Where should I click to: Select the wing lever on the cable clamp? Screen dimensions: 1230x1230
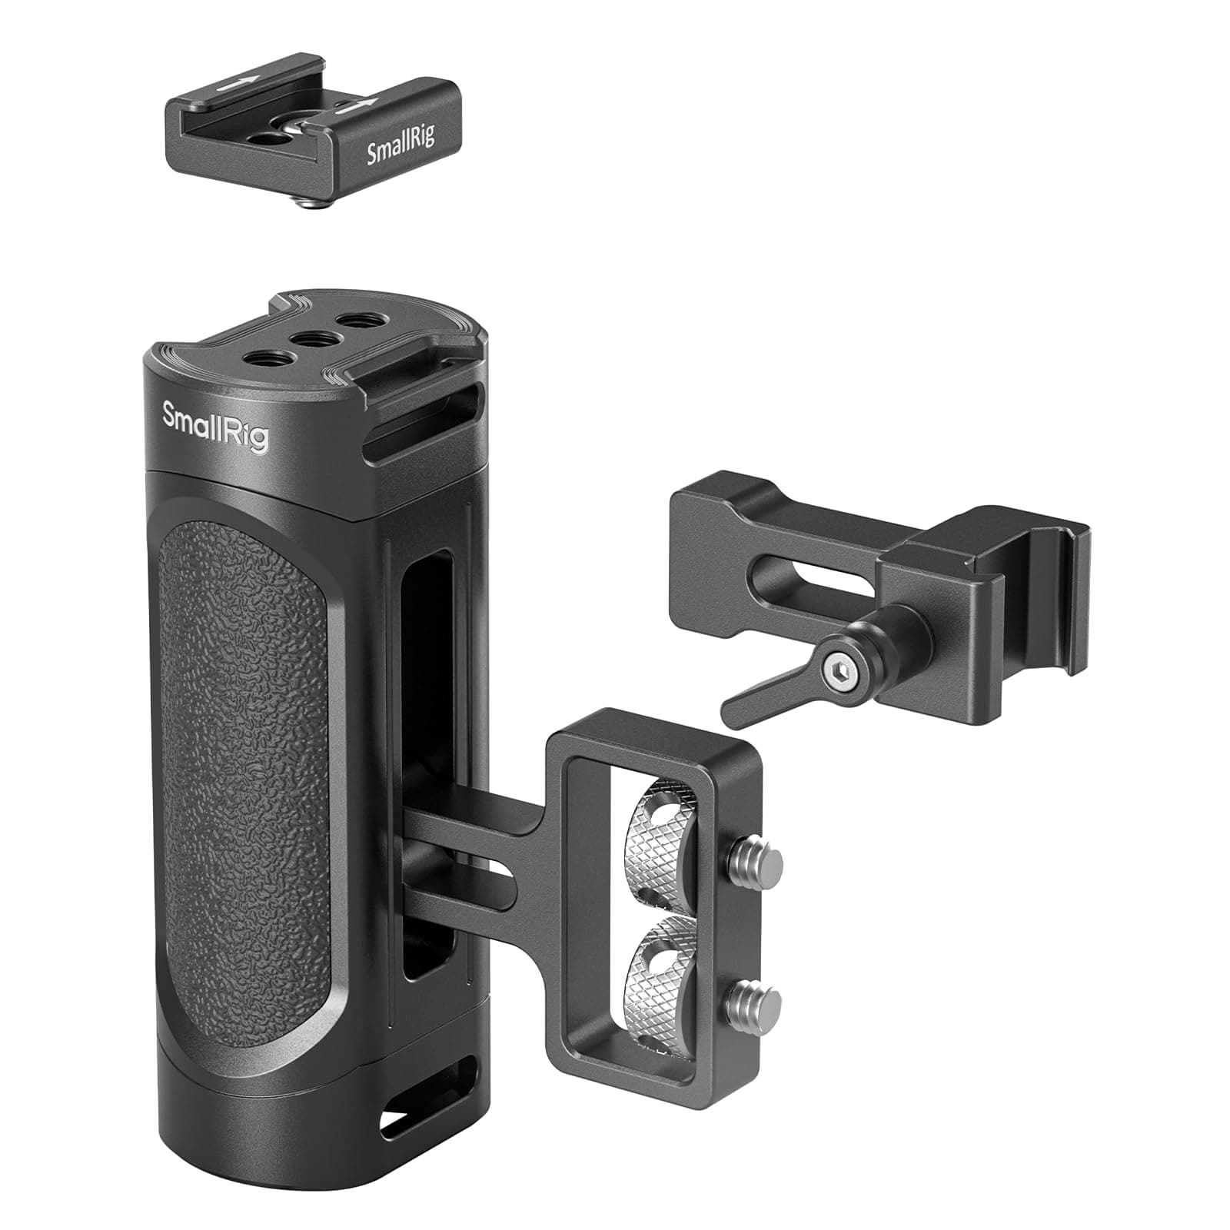click(761, 689)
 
